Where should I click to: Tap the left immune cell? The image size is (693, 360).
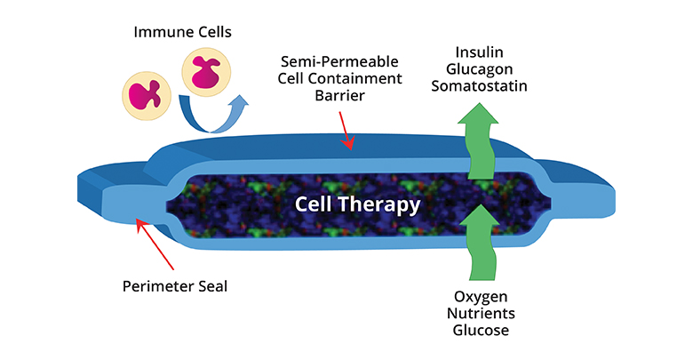pos(147,95)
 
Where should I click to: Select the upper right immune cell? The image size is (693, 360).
pos(206,72)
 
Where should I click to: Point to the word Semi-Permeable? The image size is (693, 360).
pos(339,61)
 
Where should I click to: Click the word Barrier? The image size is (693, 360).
pos(340,95)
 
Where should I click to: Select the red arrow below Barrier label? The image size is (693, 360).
pos(346,131)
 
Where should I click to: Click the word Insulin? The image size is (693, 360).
pos(479,52)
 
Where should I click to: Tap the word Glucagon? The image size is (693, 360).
pos(479,69)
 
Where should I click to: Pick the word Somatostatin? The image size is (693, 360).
pos(479,86)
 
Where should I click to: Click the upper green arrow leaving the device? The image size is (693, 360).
pos(479,140)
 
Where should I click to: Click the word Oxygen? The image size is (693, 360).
pos(481,297)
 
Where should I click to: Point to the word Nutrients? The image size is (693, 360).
pos(481,314)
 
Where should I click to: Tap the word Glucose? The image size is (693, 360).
pos(481,331)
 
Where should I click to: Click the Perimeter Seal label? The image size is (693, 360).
pos(175,286)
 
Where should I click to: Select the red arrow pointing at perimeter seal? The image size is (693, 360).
pos(155,244)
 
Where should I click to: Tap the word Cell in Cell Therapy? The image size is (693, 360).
pos(313,204)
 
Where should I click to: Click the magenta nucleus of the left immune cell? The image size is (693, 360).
pos(144,94)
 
